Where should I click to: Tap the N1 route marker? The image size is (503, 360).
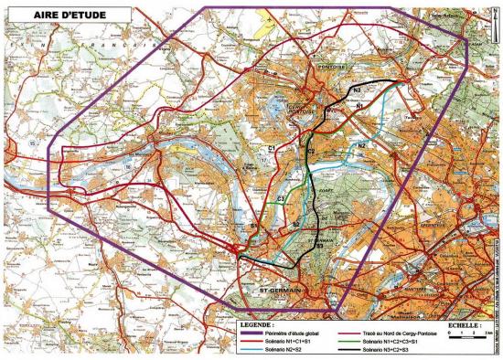[360, 106]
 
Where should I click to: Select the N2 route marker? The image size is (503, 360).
[362, 145]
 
